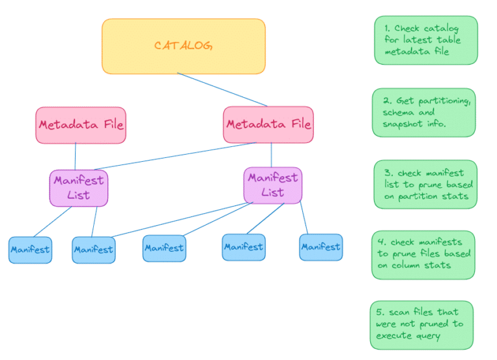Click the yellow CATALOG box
point(183,45)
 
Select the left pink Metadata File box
point(80,125)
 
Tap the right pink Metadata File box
point(268,124)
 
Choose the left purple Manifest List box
point(78,188)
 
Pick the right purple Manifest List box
point(272,185)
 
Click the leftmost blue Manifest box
point(30,250)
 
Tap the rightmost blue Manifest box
point(320,247)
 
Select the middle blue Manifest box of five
point(164,247)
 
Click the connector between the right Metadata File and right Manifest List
point(271,155)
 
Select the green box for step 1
point(425,40)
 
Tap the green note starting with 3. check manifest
point(425,185)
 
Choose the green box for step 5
point(421,324)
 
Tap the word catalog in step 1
point(441,28)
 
